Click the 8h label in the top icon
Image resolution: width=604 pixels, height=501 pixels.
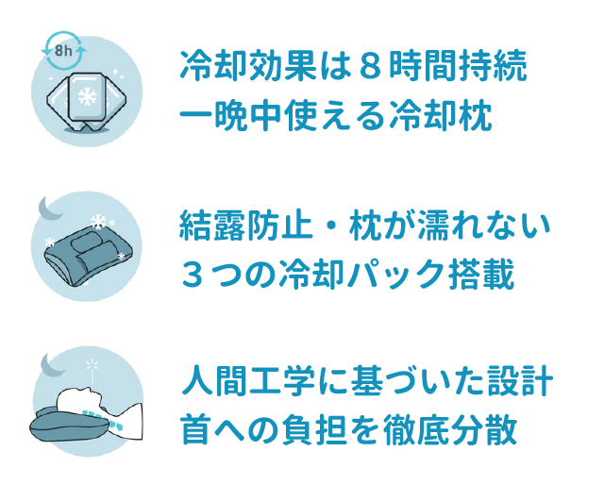click(63, 50)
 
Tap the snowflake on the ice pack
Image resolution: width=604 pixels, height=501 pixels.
click(88, 96)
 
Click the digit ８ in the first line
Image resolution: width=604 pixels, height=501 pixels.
click(367, 65)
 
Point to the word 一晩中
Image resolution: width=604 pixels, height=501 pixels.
click(230, 115)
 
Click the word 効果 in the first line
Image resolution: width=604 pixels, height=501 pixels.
click(283, 65)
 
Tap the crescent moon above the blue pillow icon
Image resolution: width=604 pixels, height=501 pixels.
click(50, 209)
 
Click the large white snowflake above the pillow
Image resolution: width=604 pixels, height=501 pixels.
click(98, 222)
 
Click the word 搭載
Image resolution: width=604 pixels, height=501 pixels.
click(481, 275)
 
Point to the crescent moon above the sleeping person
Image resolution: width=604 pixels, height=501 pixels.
click(53, 365)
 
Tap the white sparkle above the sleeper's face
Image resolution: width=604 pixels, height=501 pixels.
click(92, 365)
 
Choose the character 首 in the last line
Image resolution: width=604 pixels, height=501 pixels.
click(195, 429)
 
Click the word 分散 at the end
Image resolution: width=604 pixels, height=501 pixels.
click(484, 429)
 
